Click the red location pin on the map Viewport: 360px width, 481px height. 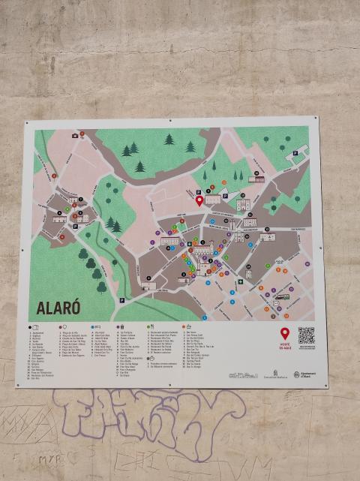coord(199,200)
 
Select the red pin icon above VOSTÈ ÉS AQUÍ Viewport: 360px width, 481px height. coord(285,334)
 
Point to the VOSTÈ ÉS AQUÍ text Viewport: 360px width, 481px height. coord(285,347)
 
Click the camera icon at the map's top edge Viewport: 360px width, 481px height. coord(75,136)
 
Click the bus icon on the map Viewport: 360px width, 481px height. coord(281,296)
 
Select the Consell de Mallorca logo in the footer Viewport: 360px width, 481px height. coord(271,374)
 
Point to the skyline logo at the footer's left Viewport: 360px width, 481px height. coord(243,374)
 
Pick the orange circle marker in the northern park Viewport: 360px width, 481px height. coord(224,182)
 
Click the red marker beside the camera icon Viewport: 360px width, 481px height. coord(82,134)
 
